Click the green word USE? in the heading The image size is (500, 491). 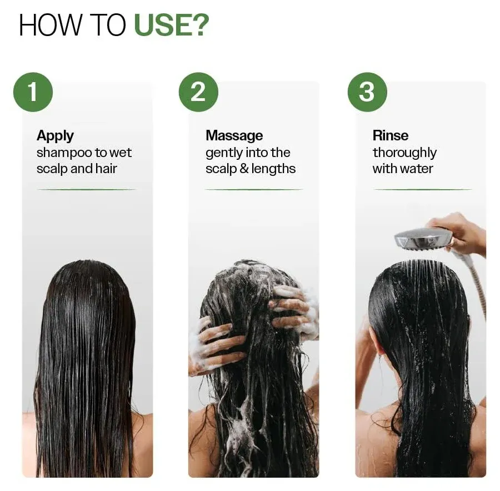coord(171,26)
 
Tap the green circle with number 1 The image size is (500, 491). coord(33,92)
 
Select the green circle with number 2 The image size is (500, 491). coord(198,92)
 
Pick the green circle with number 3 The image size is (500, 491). coord(367,92)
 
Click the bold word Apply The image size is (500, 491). coord(55,136)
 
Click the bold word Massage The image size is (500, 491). coord(234,136)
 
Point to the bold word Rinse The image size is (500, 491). coord(391,136)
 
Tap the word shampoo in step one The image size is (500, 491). coord(63,153)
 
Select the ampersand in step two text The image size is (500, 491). coord(243,169)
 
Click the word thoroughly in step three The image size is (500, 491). coord(404,153)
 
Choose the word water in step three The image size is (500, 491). coord(417,169)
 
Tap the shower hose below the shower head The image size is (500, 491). coord(479,288)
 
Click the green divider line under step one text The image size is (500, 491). coord(86,189)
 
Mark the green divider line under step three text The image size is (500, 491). coord(423,189)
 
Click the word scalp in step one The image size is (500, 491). coord(52,169)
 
